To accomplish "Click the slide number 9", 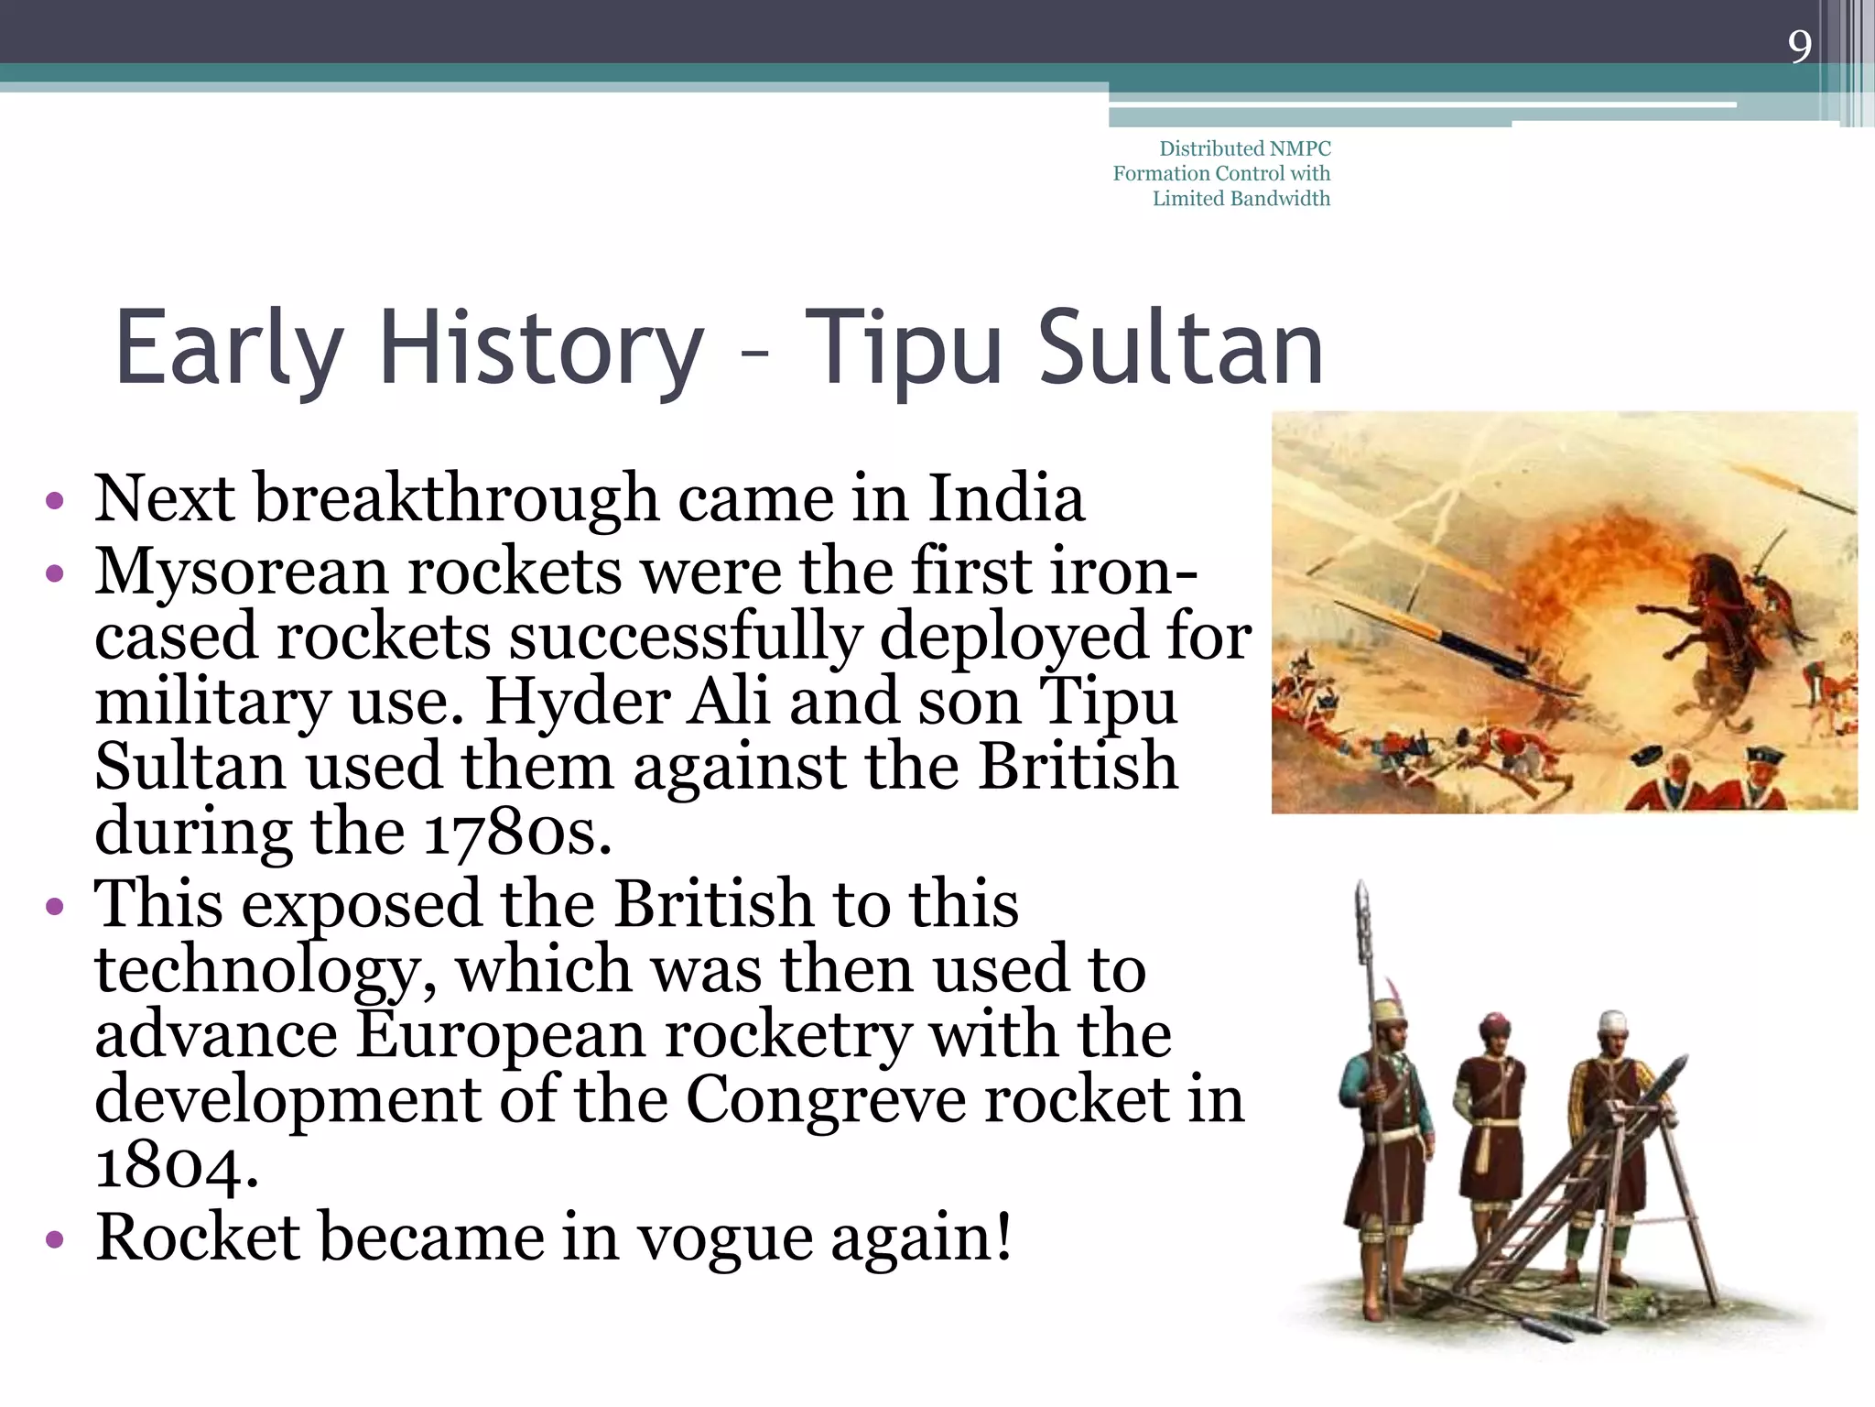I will (1799, 46).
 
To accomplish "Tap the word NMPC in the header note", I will (1300, 148).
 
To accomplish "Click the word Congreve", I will (826, 1099).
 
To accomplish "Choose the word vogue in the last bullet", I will (724, 1238).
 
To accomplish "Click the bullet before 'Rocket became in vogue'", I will (56, 1240).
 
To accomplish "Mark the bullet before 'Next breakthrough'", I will (56, 501).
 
